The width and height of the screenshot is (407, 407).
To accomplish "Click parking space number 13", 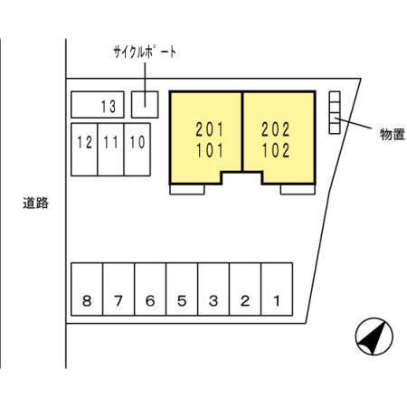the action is tap(98, 105).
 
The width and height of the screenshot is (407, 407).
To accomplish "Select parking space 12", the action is tap(84, 149).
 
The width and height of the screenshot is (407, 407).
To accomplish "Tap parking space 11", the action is tap(110, 149).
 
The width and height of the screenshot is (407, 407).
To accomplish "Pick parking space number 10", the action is tap(137, 149).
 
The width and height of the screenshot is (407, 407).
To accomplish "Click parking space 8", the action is tap(87, 289).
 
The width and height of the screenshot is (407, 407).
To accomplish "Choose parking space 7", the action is tap(118, 289).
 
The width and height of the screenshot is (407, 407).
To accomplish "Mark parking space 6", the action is tap(150, 289).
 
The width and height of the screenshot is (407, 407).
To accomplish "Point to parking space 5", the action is tap(182, 289).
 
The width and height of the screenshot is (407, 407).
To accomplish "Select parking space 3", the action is tap(213, 289).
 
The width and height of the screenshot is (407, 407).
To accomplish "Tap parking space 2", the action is tap(245, 289).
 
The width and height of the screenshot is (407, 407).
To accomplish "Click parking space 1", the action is tap(277, 289).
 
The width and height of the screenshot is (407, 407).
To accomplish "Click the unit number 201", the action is tap(210, 129).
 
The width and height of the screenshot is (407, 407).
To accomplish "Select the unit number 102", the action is tap(276, 150).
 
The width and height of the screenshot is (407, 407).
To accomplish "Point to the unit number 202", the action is tap(276, 129).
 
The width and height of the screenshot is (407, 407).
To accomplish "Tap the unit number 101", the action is tap(210, 150).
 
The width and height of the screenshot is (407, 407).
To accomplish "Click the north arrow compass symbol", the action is tap(374, 336).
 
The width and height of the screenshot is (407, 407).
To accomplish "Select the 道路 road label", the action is tap(36, 203).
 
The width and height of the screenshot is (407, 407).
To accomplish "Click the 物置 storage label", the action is tap(392, 134).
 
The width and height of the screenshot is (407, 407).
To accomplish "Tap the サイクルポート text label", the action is tap(145, 52).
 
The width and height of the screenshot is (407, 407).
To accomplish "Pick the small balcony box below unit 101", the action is tap(187, 189).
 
